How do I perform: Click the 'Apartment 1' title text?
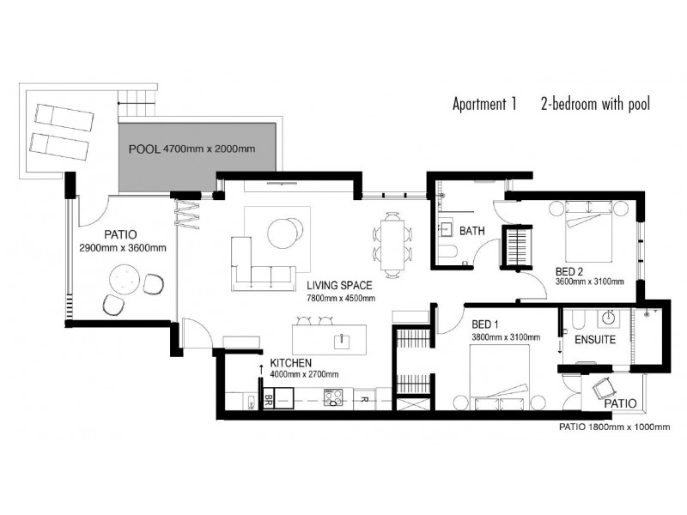point(484,106)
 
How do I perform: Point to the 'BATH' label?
point(473,232)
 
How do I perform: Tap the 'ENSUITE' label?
point(592,340)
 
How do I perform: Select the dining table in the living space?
point(392,244)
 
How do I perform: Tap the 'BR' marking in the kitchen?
point(270,398)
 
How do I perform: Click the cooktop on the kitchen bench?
point(334,397)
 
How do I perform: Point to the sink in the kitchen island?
point(342,338)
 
